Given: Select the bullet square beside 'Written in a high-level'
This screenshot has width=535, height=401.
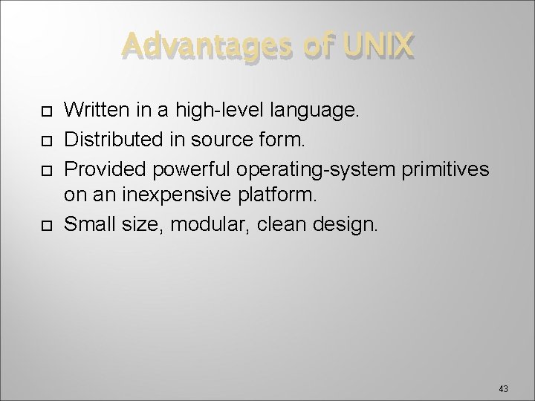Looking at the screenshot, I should point(46,112).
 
